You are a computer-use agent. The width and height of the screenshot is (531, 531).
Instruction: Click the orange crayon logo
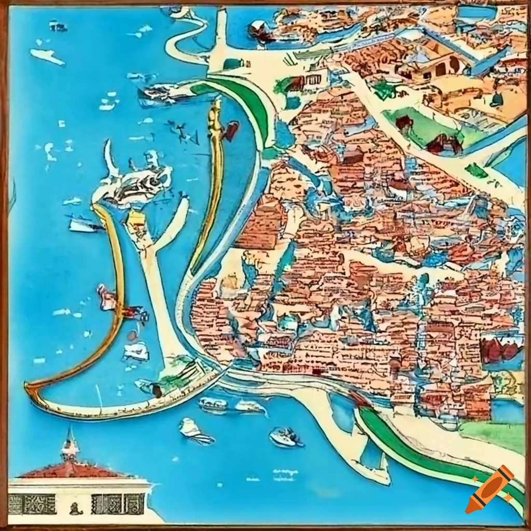[x=490, y=490]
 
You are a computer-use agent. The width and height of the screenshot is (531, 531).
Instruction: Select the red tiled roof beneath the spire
[x=73, y=470]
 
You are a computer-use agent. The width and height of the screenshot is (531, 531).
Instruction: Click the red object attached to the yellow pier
[x=231, y=130]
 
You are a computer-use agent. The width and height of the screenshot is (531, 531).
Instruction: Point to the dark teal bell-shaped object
[x=497, y=99]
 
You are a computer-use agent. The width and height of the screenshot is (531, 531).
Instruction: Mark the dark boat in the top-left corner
[x=58, y=25]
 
